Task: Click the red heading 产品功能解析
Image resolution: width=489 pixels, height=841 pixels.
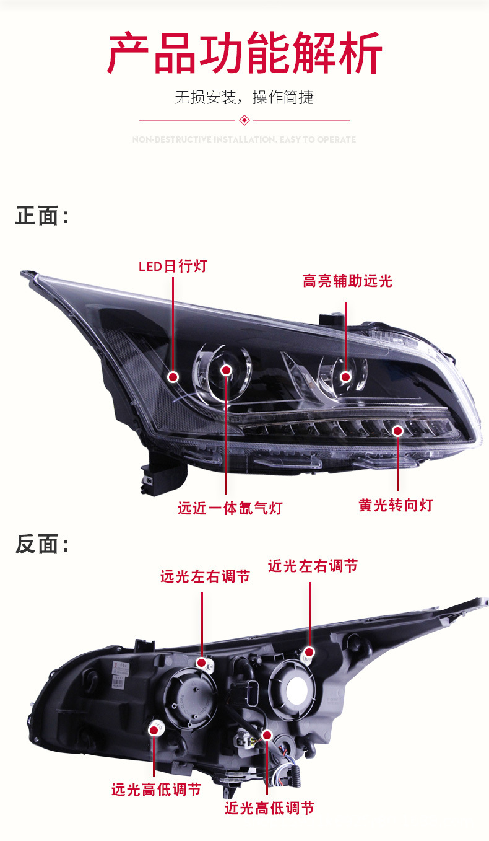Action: (244, 54)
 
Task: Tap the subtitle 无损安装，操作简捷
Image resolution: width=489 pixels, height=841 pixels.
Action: (244, 97)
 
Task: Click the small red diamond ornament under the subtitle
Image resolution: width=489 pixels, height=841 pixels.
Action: (244, 120)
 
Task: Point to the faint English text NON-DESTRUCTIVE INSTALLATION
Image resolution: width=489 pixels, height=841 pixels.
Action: (244, 140)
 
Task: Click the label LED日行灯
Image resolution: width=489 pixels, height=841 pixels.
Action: (173, 266)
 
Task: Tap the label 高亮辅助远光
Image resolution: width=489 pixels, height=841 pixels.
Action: (347, 281)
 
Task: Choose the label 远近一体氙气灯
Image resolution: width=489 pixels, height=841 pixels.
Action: (230, 508)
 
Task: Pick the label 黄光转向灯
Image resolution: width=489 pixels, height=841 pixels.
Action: (396, 505)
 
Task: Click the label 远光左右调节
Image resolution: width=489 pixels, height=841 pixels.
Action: (205, 576)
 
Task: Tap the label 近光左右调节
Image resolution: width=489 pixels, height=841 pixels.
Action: (313, 566)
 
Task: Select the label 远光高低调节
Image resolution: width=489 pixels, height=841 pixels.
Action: (156, 790)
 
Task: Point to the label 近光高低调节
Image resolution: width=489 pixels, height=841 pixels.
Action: (269, 808)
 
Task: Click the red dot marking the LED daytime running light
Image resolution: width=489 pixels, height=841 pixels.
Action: (173, 376)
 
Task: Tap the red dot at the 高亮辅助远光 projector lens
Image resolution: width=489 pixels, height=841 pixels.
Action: (345, 376)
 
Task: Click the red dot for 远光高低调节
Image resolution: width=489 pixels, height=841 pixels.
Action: (154, 730)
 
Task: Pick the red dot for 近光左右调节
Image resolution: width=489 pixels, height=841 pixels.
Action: (309, 652)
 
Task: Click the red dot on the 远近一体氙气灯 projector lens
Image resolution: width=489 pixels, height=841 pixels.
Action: (227, 371)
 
